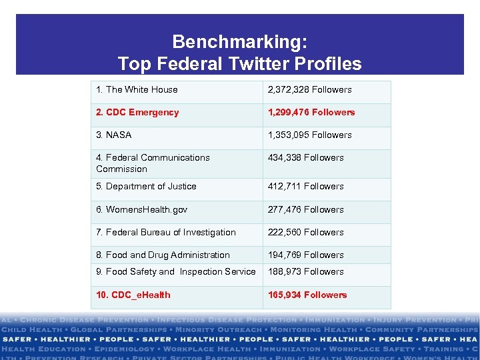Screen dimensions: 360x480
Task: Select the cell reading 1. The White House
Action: pyautogui.click(x=137, y=89)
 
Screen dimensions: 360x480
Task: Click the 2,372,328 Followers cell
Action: pyautogui.click(x=309, y=89)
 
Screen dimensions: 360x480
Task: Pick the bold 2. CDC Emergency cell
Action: pyautogui.click(x=137, y=112)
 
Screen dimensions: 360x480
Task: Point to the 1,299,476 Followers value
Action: pyautogui.click(x=311, y=112)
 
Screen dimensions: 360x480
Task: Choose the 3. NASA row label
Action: pyautogui.click(x=114, y=135)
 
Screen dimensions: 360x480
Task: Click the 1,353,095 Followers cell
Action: pyautogui.click(x=309, y=135)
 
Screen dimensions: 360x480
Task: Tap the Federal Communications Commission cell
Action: pyautogui.click(x=153, y=163)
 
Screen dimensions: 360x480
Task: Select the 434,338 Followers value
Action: pyautogui.click(x=305, y=157)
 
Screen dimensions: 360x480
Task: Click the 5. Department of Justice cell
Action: pyautogui.click(x=146, y=186)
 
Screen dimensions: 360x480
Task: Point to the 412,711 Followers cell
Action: pyautogui.click(x=305, y=186)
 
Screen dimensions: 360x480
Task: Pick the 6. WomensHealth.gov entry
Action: pyautogui.click(x=141, y=209)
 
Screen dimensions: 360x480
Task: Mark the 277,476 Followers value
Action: pyautogui.click(x=305, y=209)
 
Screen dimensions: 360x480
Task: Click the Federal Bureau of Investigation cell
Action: pyautogui.click(x=166, y=232)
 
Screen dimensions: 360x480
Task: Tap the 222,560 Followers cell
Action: pyautogui.click(x=305, y=232)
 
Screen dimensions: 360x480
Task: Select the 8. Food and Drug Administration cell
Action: pyautogui.click(x=163, y=255)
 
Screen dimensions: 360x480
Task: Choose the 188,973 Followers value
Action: pyautogui.click(x=305, y=271)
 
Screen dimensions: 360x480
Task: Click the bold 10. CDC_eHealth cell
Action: pyautogui.click(x=133, y=295)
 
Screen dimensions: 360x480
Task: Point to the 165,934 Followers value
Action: pyautogui.click(x=307, y=295)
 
